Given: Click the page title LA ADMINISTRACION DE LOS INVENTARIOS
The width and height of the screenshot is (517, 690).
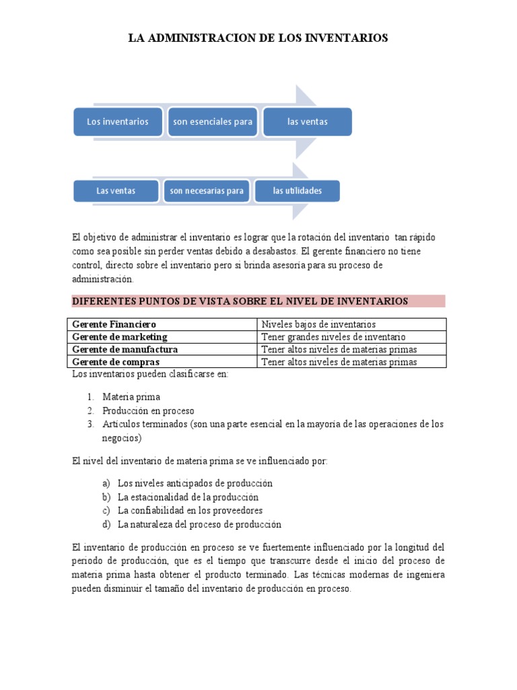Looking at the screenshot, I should (x=258, y=38).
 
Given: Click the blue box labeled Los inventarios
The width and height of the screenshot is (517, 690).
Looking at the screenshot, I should (x=117, y=122).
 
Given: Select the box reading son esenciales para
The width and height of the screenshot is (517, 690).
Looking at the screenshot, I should (x=212, y=122).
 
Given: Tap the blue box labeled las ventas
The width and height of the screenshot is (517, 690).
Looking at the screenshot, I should (x=307, y=122).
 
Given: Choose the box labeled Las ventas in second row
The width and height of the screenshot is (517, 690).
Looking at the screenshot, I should (x=116, y=191).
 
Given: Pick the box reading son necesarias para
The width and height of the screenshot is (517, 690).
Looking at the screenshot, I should (x=207, y=191).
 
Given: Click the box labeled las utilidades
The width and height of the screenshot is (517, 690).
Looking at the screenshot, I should (x=297, y=191).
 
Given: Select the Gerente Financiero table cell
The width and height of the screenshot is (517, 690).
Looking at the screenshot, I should (x=114, y=324).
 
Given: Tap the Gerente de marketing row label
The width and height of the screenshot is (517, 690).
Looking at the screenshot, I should (x=120, y=337).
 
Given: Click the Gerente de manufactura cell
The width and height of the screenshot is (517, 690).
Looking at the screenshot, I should (x=125, y=349).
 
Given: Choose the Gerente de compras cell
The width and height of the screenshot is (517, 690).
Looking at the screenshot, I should (x=116, y=362).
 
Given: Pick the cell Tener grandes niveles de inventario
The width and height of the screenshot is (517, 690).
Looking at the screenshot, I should (x=333, y=337).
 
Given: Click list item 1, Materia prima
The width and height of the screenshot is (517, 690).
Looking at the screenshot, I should (x=131, y=397).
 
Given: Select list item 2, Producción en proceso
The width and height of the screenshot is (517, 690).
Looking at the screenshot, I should (x=148, y=410).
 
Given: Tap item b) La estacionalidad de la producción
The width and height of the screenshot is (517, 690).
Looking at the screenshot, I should (x=188, y=497).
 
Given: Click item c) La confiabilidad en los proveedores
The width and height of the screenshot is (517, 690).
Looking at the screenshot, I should (x=190, y=511).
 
